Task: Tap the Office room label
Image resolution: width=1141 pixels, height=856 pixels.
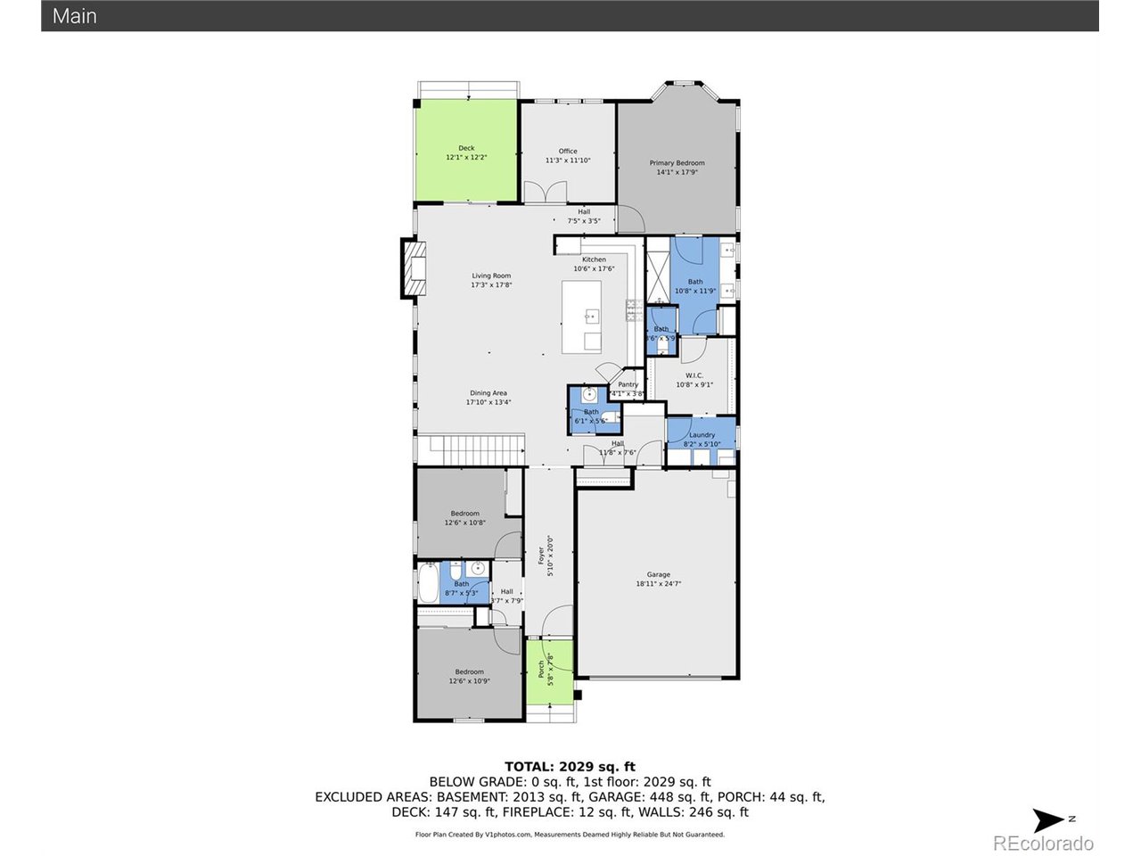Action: tap(568, 152)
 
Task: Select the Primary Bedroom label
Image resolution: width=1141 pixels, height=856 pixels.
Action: tap(677, 163)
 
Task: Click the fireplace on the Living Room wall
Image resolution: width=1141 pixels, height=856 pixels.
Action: tap(413, 267)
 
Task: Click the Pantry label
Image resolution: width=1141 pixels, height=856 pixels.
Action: tap(628, 384)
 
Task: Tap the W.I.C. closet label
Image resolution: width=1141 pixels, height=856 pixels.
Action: tap(694, 375)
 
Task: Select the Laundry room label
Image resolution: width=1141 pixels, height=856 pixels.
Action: tap(702, 435)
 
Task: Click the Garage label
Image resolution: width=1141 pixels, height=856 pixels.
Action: tap(659, 575)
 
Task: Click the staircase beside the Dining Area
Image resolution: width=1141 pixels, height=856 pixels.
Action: tap(471, 449)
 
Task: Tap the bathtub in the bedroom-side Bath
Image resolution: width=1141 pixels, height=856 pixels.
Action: tap(428, 583)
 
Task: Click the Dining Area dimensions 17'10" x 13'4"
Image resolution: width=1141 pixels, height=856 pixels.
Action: tap(488, 402)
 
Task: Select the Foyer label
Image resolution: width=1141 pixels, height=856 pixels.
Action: tap(541, 556)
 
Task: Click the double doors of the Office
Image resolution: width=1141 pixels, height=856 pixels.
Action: tap(544, 193)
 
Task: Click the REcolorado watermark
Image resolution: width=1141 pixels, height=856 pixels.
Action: tap(1043, 843)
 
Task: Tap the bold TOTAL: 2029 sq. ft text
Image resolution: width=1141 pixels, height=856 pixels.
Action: tap(570, 766)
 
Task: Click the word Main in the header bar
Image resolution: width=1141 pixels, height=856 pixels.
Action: tap(75, 16)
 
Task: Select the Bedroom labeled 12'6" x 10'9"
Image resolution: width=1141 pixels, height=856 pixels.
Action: tap(469, 672)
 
